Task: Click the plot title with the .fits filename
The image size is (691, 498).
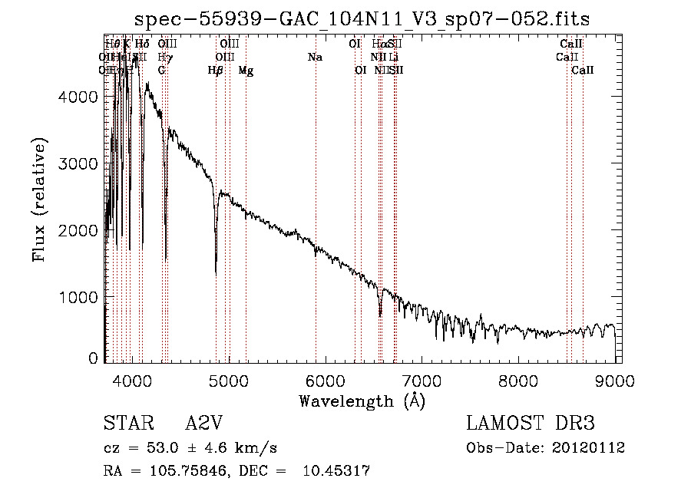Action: [x=362, y=19]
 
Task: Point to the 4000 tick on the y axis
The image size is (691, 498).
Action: [x=84, y=97]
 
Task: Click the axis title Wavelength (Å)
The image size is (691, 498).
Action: [x=362, y=401]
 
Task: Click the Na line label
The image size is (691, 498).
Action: [x=315, y=58]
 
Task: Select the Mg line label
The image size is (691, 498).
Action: [x=246, y=71]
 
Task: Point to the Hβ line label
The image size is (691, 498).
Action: [x=216, y=71]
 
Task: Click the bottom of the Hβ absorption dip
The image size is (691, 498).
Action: [x=216, y=272]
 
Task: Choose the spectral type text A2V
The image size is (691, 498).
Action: [x=206, y=424]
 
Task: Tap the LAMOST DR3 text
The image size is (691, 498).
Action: [x=531, y=424]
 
